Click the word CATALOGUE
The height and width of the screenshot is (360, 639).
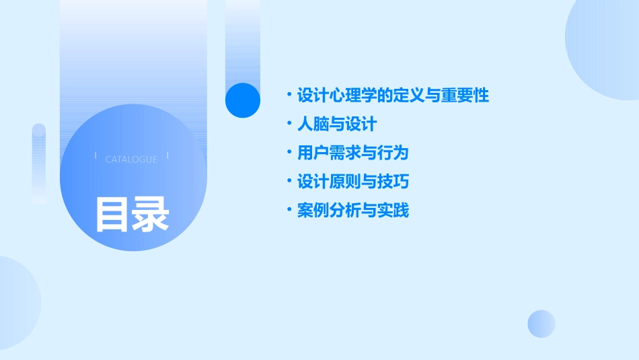[131, 159]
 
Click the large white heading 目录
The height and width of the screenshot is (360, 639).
[132, 214]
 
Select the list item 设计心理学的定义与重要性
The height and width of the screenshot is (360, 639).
[393, 96]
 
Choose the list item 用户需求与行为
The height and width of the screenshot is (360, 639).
[352, 153]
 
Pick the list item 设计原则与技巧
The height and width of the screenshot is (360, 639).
[352, 182]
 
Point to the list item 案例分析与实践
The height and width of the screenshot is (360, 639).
[352, 211]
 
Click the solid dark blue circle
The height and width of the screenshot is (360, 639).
[243, 100]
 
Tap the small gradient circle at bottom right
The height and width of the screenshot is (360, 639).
[541, 324]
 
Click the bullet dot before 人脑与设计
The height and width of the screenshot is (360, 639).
[289, 124]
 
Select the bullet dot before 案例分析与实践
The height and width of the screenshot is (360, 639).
[289, 211]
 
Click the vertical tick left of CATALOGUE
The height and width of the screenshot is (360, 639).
[96, 156]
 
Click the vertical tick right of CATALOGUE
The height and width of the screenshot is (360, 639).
[167, 156]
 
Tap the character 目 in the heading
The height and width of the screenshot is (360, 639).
[112, 214]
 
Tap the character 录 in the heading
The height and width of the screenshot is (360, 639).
[151, 214]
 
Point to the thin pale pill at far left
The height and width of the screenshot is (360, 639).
[39, 164]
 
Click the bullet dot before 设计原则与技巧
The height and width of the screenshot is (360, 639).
[289, 182]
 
